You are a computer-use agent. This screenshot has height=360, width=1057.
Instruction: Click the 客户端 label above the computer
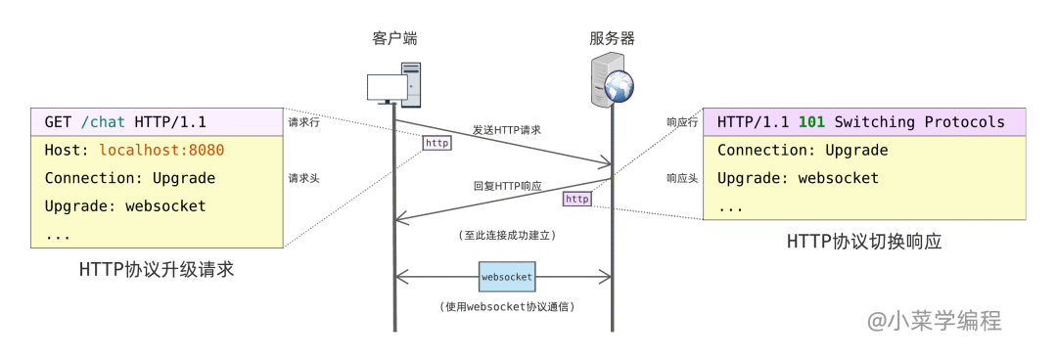point(394,39)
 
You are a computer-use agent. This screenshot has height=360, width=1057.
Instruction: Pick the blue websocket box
point(507,277)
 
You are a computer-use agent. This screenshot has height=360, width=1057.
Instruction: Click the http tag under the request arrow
point(437,143)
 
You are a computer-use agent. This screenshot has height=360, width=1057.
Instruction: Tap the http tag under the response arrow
point(577,199)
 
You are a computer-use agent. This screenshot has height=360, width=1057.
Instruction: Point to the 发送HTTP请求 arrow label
point(507,129)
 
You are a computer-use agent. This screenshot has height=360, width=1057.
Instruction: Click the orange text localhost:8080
point(161,151)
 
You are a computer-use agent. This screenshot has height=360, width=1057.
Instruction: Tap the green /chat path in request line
point(103,122)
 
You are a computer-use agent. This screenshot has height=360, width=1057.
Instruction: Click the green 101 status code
point(811,122)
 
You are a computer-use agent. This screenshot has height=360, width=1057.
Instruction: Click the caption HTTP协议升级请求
point(157,270)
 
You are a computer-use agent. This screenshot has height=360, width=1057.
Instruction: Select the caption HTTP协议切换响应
point(864,242)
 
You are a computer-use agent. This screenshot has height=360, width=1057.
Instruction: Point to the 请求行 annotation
point(303,123)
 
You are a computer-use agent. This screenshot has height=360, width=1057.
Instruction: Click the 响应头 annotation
point(682,179)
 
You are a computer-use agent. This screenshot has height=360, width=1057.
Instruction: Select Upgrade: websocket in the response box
point(798,179)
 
